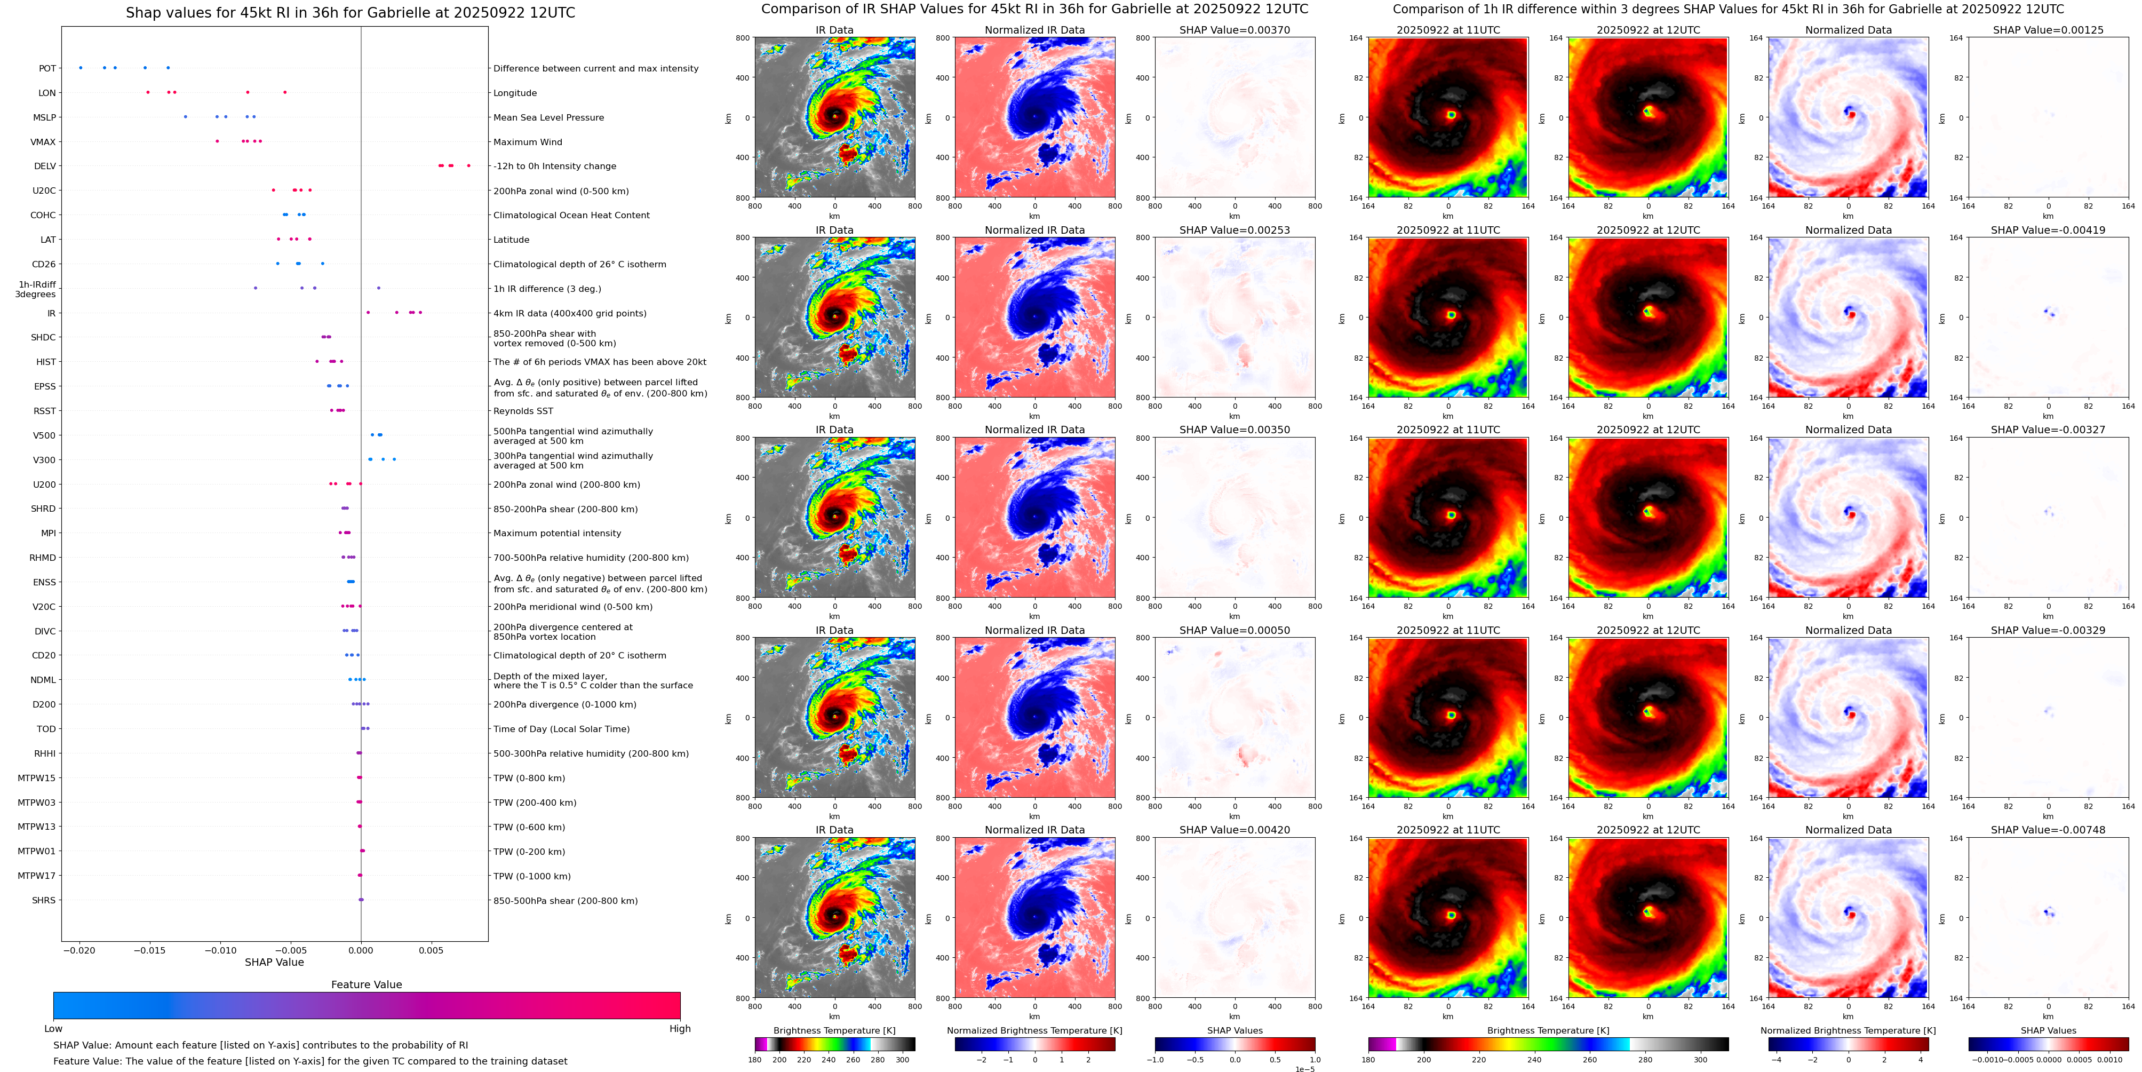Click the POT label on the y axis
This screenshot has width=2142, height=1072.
(x=47, y=68)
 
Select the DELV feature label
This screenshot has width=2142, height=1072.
(x=45, y=166)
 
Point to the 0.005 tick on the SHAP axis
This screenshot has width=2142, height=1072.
(x=431, y=950)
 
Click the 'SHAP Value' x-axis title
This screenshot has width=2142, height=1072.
(x=274, y=962)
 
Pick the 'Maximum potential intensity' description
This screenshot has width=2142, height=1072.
(x=557, y=533)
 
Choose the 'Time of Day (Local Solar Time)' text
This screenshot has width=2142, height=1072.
(x=561, y=729)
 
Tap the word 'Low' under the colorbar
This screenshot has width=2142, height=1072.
(x=53, y=1029)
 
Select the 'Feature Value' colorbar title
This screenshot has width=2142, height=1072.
(x=367, y=984)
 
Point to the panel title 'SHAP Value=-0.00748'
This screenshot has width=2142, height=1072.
(x=2048, y=830)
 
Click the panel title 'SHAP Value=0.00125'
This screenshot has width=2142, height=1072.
(x=2048, y=30)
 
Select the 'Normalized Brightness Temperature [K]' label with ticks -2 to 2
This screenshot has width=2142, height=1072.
(x=1034, y=1030)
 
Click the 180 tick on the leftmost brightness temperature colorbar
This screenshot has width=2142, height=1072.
(x=755, y=1060)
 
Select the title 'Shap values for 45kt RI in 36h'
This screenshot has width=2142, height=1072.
(x=350, y=12)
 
